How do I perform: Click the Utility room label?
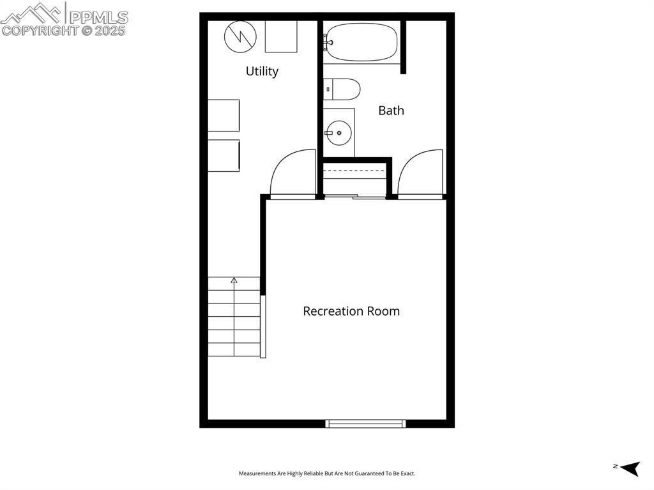click(x=262, y=71)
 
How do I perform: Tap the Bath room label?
click(x=391, y=111)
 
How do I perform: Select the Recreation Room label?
click(x=351, y=311)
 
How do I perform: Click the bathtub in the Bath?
click(x=360, y=42)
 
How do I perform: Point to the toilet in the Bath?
click(x=342, y=89)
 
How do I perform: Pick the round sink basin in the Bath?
click(x=339, y=133)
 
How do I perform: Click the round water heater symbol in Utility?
click(x=240, y=36)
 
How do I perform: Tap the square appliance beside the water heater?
click(x=281, y=36)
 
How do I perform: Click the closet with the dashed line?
click(x=354, y=178)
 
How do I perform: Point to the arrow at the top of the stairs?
click(x=234, y=280)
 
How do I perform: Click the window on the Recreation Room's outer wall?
click(x=365, y=423)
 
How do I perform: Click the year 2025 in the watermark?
click(x=110, y=30)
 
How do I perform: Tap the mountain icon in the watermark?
click(x=32, y=12)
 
